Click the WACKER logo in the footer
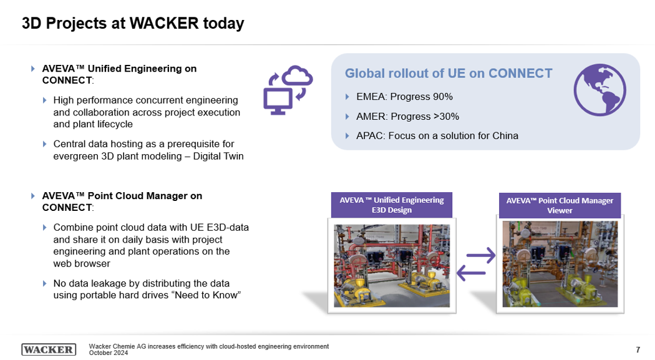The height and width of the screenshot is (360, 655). pos(49,349)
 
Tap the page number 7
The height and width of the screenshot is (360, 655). pos(638,349)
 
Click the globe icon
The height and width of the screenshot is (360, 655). pos(600,90)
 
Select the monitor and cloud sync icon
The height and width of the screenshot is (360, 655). pos(288,90)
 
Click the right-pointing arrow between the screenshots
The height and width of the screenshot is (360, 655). pos(481,255)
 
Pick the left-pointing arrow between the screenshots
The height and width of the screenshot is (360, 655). pos(471,273)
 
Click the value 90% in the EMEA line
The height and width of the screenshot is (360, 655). pos(443,97)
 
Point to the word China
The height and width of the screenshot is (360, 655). pos(505,136)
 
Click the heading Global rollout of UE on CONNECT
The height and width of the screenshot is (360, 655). pos(449,74)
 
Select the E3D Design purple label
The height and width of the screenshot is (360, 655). pos(391,205)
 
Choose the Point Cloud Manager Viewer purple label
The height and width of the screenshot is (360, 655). pos(560,205)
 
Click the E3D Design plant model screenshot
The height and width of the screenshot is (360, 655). pos(392,266)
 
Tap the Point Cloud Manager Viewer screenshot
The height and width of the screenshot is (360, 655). pos(560,264)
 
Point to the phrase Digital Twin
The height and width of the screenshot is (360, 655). pos(218,156)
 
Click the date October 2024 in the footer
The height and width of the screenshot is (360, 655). pos(109,353)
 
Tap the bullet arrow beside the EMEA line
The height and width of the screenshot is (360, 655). pos(347,97)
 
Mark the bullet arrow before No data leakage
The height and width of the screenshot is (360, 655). pos(45,284)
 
